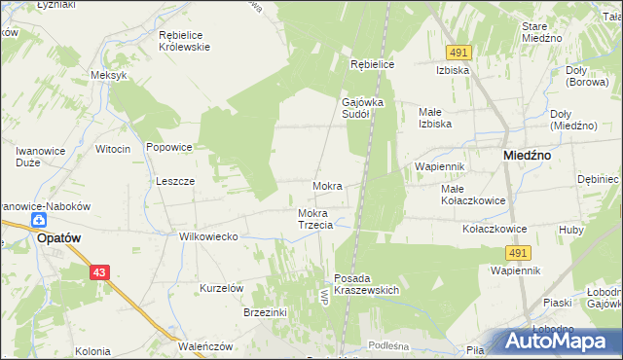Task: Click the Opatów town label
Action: (57, 236)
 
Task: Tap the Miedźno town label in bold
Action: (529, 155)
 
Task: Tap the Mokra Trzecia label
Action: (315, 219)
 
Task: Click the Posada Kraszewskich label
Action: (367, 284)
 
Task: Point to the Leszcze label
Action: (176, 181)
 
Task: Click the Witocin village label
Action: (113, 148)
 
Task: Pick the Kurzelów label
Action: (221, 288)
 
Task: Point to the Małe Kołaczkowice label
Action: (472, 195)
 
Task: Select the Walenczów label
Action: (205, 345)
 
